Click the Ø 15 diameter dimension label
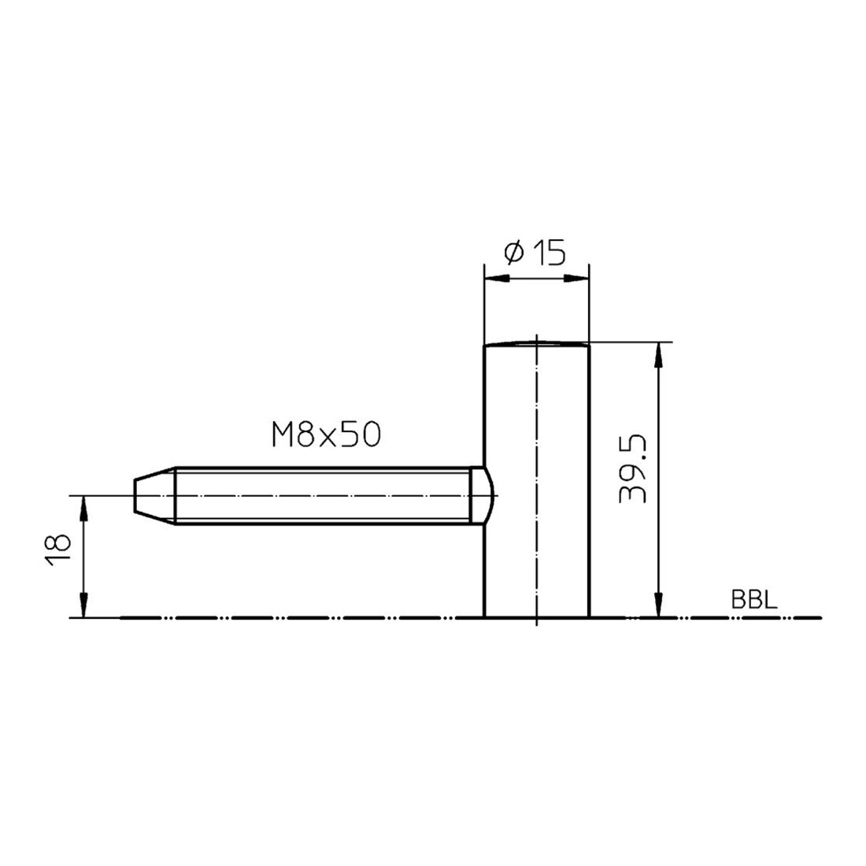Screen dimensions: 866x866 [535, 253]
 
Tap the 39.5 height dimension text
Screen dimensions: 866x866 [632, 468]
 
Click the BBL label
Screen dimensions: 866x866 [754, 600]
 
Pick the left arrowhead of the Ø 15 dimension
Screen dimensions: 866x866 [496, 279]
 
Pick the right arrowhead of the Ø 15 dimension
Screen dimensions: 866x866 [577, 279]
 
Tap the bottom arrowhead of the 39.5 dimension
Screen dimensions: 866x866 [658, 604]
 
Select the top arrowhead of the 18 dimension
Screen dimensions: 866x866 [83, 508]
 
